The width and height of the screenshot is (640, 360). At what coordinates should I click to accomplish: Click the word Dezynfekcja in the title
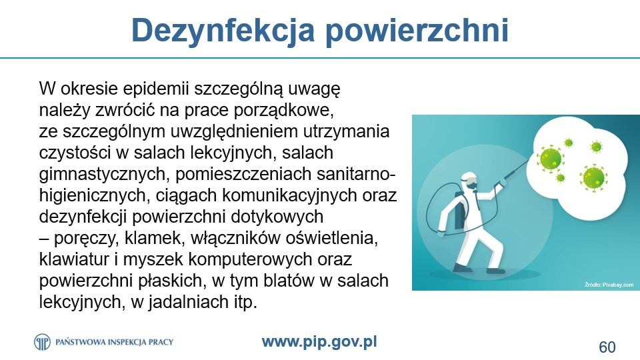[x=223, y=31]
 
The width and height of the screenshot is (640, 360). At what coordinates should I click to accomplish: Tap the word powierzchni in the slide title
[x=417, y=31]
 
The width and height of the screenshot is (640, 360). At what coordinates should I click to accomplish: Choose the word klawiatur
[x=74, y=259]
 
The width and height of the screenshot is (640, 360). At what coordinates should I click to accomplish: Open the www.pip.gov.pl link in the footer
[x=319, y=342]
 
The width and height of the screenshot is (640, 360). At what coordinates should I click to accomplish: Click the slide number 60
[x=607, y=347]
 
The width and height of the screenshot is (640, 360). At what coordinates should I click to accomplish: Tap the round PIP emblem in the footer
[x=43, y=341]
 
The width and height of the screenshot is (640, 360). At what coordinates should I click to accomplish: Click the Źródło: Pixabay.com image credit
[x=609, y=285]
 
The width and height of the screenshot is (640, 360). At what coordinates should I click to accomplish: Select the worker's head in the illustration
[x=469, y=181]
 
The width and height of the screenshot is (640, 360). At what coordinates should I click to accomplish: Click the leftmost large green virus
[x=550, y=159]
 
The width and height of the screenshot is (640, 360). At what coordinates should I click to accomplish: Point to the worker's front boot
[x=495, y=270]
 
